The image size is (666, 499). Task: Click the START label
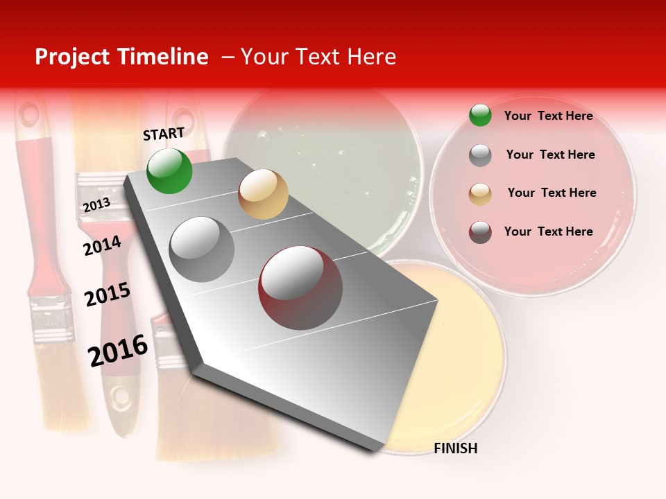coord(164,134)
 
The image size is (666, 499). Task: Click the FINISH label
coord(455,448)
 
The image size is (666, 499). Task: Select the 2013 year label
coord(96,205)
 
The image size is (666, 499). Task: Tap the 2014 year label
coord(102,246)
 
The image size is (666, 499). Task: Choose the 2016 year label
coord(118,351)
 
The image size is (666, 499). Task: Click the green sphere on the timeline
coord(169,170)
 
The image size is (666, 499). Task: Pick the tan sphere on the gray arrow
coord(263,194)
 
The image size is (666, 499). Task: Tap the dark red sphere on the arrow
coord(300,288)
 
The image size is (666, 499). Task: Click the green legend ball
coord(480,116)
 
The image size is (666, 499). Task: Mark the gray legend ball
coord(480,155)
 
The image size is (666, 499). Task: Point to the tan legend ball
coord(480,193)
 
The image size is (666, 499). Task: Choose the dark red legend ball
coord(480,232)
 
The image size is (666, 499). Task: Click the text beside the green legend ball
coord(548,116)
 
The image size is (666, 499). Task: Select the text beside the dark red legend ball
coord(548,231)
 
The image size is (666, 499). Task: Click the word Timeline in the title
coord(164,57)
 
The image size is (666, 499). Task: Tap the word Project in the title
coord(73,57)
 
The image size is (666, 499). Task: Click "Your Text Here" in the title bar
coord(318,57)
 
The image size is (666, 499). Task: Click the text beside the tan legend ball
coord(552,193)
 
